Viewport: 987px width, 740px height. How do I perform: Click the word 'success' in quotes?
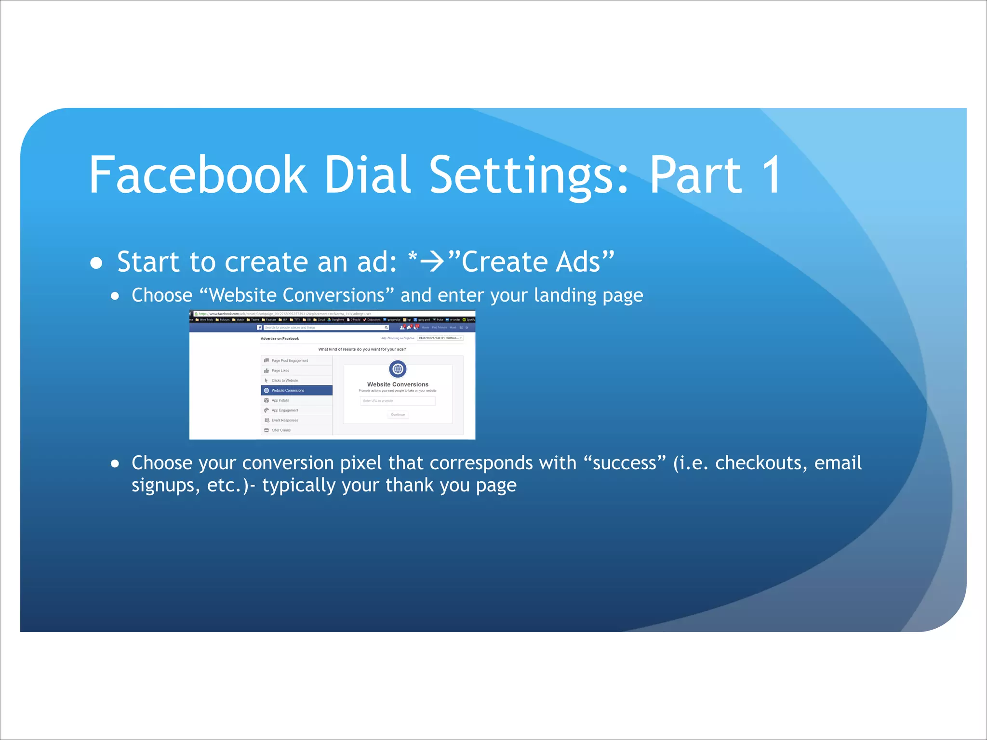pos(625,463)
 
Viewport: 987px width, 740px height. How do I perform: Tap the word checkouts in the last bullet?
pos(760,463)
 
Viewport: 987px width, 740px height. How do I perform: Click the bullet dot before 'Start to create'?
pos(97,263)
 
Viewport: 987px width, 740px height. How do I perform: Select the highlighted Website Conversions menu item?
pos(296,390)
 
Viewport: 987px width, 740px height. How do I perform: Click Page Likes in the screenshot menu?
pos(280,370)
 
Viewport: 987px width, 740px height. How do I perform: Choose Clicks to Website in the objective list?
pos(284,381)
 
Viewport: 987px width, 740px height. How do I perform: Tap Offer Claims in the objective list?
pos(281,430)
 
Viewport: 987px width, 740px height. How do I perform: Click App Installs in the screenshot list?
pos(280,400)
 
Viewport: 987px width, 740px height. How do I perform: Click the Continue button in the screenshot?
pos(398,414)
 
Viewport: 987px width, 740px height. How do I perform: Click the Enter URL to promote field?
pos(398,401)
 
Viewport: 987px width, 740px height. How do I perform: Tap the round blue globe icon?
pos(398,369)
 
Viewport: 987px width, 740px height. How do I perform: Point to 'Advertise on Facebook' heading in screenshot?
pos(280,339)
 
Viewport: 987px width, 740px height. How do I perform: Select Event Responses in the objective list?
pos(284,420)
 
